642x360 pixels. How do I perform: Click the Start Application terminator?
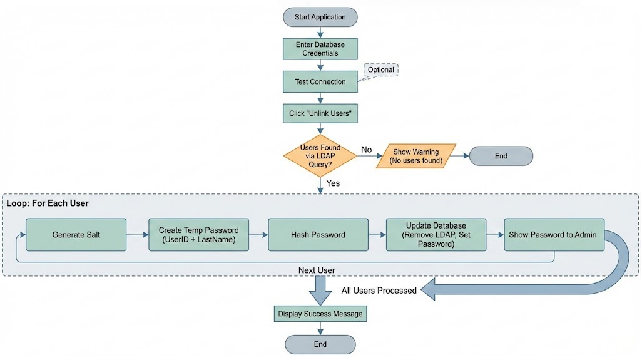point(320,18)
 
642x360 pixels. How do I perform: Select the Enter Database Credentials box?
point(320,49)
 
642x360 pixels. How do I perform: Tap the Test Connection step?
point(320,81)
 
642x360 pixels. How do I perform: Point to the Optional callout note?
point(380,70)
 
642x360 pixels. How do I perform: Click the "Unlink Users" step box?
point(320,113)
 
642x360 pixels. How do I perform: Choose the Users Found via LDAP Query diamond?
point(320,156)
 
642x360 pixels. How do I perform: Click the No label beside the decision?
point(367,150)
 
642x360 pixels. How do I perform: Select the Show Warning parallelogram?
point(416,156)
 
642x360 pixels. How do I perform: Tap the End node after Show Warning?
point(501,156)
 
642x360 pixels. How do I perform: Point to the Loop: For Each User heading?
point(48,203)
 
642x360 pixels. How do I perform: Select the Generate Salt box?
point(76,235)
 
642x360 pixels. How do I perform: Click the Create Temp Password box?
point(198,235)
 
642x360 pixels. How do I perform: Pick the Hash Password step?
point(318,235)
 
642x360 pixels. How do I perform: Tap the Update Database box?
point(436,235)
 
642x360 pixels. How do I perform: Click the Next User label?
point(317,270)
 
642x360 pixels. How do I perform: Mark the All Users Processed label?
point(379,291)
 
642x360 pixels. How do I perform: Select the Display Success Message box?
point(320,314)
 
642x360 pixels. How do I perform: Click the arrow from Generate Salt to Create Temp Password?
point(138,235)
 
